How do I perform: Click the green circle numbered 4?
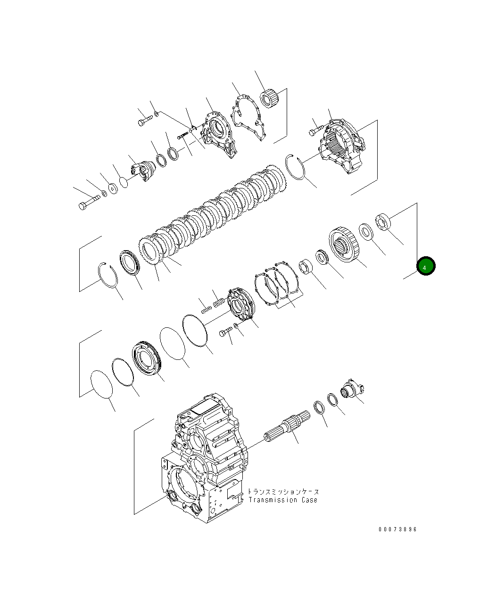click(x=425, y=267)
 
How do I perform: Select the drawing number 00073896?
click(x=397, y=529)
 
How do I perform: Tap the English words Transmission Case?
click(x=283, y=500)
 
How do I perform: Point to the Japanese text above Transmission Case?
click(x=283, y=491)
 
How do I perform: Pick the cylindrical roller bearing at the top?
click(x=270, y=98)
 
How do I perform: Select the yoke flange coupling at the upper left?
click(x=141, y=170)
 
